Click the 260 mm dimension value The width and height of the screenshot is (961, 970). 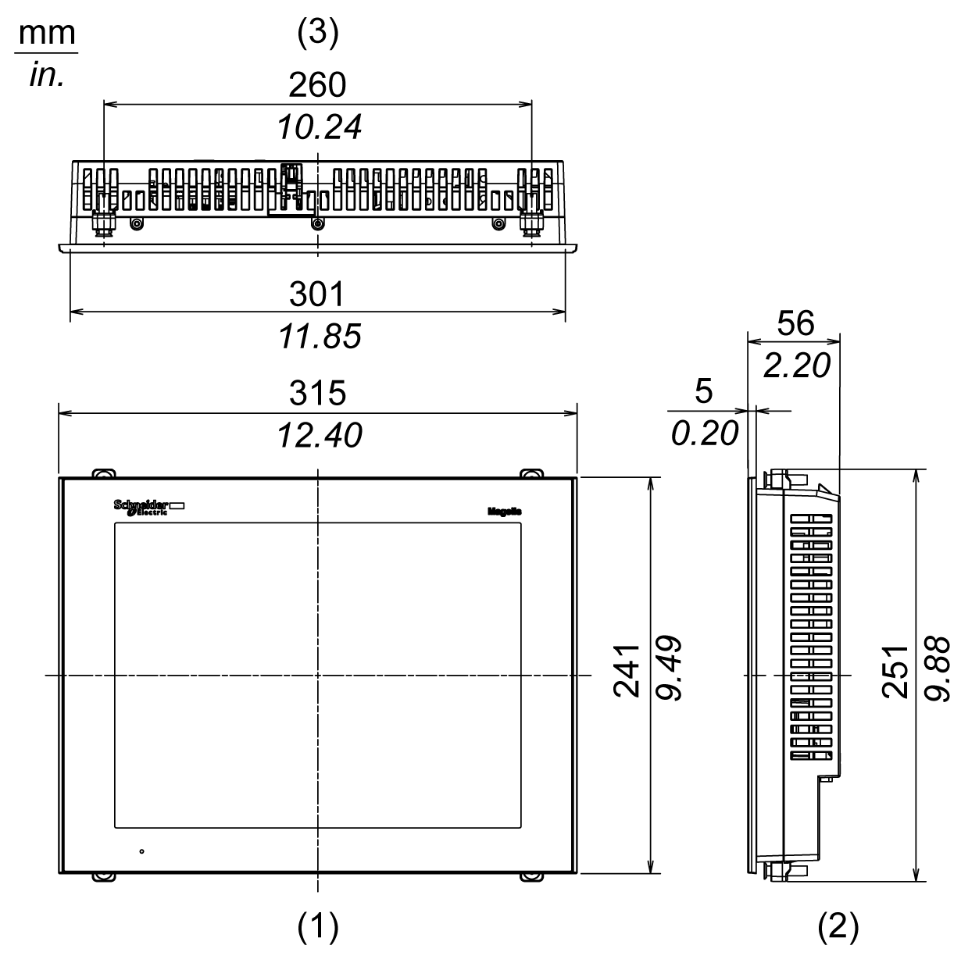click(317, 85)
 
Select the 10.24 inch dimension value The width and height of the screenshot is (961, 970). click(320, 127)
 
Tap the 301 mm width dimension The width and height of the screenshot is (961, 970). click(316, 294)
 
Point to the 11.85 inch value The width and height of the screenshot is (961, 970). click(320, 336)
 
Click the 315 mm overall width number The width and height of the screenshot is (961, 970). click(316, 393)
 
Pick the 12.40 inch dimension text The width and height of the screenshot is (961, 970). click(320, 435)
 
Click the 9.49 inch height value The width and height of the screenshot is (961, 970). click(670, 669)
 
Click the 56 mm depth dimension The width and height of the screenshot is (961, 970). click(795, 323)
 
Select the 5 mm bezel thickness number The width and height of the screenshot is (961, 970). click(704, 391)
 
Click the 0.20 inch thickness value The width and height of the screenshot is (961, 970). click(704, 433)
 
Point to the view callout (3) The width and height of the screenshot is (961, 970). click(318, 32)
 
